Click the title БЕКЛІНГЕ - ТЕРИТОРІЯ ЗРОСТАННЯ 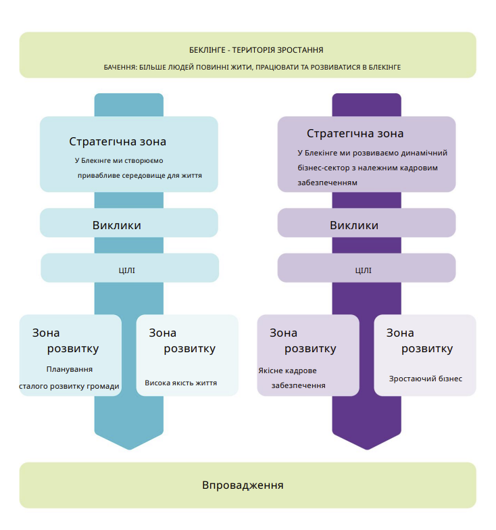coord(256,50)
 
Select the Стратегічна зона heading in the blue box coord(118,142)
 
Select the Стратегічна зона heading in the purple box coord(355,134)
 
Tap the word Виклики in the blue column coord(117,225)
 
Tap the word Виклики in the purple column coord(354,225)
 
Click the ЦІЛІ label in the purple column coord(364,270)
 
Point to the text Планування coord(70,370)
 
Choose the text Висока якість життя coord(180,383)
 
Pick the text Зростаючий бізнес coord(426,379)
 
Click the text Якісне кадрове coord(287,370)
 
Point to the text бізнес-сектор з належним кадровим coord(368,168)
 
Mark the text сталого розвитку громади coord(69,387)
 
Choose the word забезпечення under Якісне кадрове coord(299,385)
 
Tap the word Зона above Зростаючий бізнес coord(400,333)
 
